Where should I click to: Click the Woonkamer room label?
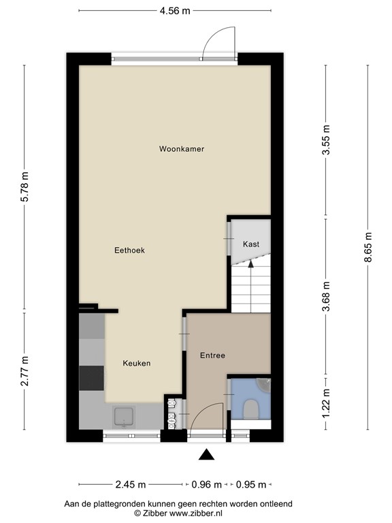click(182, 148)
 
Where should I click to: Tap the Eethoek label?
click(129, 251)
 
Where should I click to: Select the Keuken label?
click(136, 363)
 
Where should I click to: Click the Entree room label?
click(212, 355)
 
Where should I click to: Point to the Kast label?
click(251, 244)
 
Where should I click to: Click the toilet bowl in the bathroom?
click(250, 409)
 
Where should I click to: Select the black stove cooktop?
click(92, 378)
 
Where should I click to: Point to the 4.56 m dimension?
click(175, 10)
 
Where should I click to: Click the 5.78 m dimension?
click(25, 189)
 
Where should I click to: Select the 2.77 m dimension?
click(25, 371)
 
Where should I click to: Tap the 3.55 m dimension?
click(327, 142)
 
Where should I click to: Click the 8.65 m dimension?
click(368, 247)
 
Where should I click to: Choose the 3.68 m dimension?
click(327, 297)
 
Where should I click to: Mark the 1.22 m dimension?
click(327, 403)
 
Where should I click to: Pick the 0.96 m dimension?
click(208, 486)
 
